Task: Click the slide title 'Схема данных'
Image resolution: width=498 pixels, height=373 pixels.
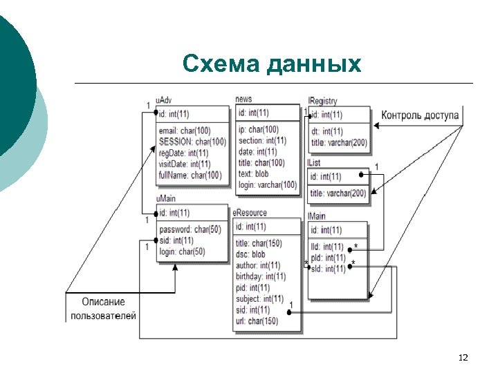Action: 272,64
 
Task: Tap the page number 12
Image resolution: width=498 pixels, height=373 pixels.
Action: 463,357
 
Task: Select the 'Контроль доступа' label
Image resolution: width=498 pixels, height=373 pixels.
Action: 420,115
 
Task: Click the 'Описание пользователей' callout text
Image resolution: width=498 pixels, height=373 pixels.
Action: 103,309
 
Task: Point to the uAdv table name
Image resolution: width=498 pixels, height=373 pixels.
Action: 164,101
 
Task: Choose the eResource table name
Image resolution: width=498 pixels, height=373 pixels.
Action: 250,213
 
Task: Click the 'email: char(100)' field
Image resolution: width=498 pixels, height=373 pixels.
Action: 185,131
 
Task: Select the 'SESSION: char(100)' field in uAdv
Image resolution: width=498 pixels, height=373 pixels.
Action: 192,142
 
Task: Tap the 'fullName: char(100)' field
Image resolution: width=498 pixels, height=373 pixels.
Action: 190,175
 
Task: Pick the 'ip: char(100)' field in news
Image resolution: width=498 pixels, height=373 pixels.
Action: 258,129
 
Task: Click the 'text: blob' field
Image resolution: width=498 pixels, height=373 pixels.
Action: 254,173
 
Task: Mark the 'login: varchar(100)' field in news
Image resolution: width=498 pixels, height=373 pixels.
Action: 267,184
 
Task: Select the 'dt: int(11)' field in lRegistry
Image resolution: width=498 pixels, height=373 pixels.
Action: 326,131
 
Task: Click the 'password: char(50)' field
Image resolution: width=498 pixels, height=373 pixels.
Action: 190,229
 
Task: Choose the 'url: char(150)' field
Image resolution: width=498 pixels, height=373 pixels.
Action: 257,321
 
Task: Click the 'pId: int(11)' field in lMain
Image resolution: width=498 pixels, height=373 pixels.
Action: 328,258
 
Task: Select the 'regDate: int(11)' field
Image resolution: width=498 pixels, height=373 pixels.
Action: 183,153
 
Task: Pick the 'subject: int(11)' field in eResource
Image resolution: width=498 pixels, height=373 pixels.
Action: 259,298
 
